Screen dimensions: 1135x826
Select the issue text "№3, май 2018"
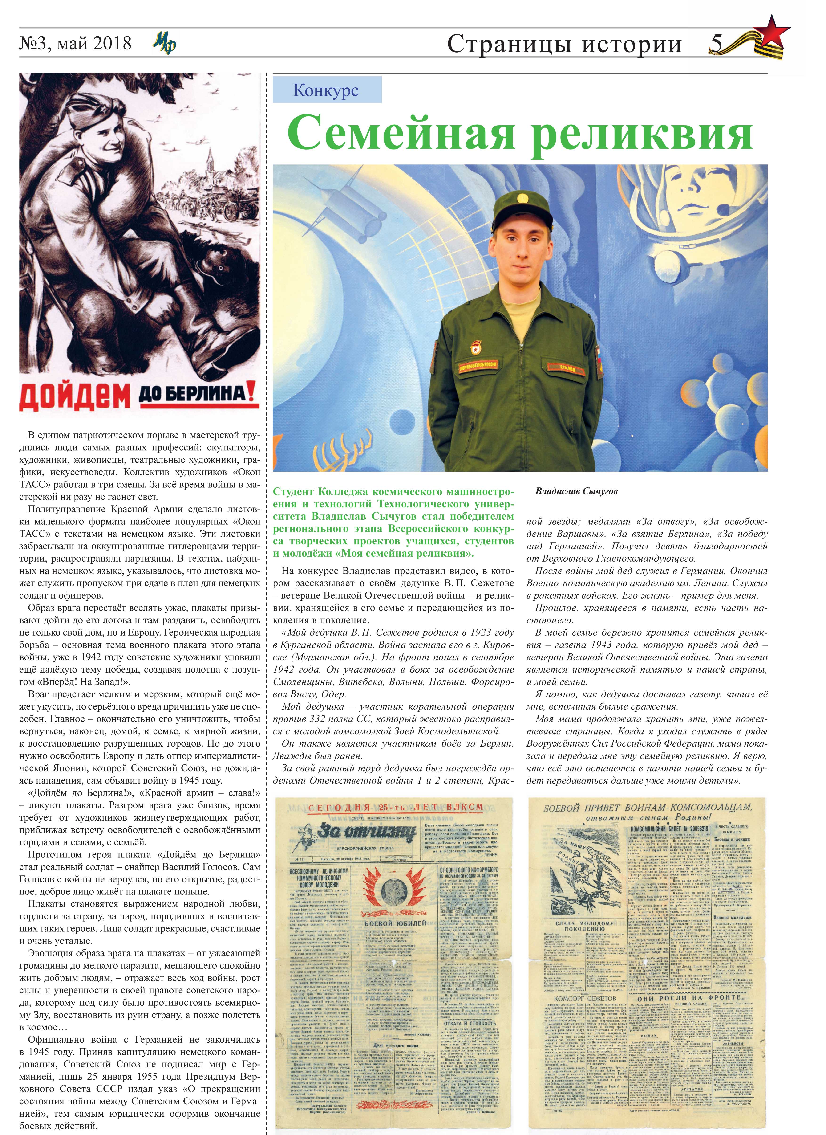tap(75, 44)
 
